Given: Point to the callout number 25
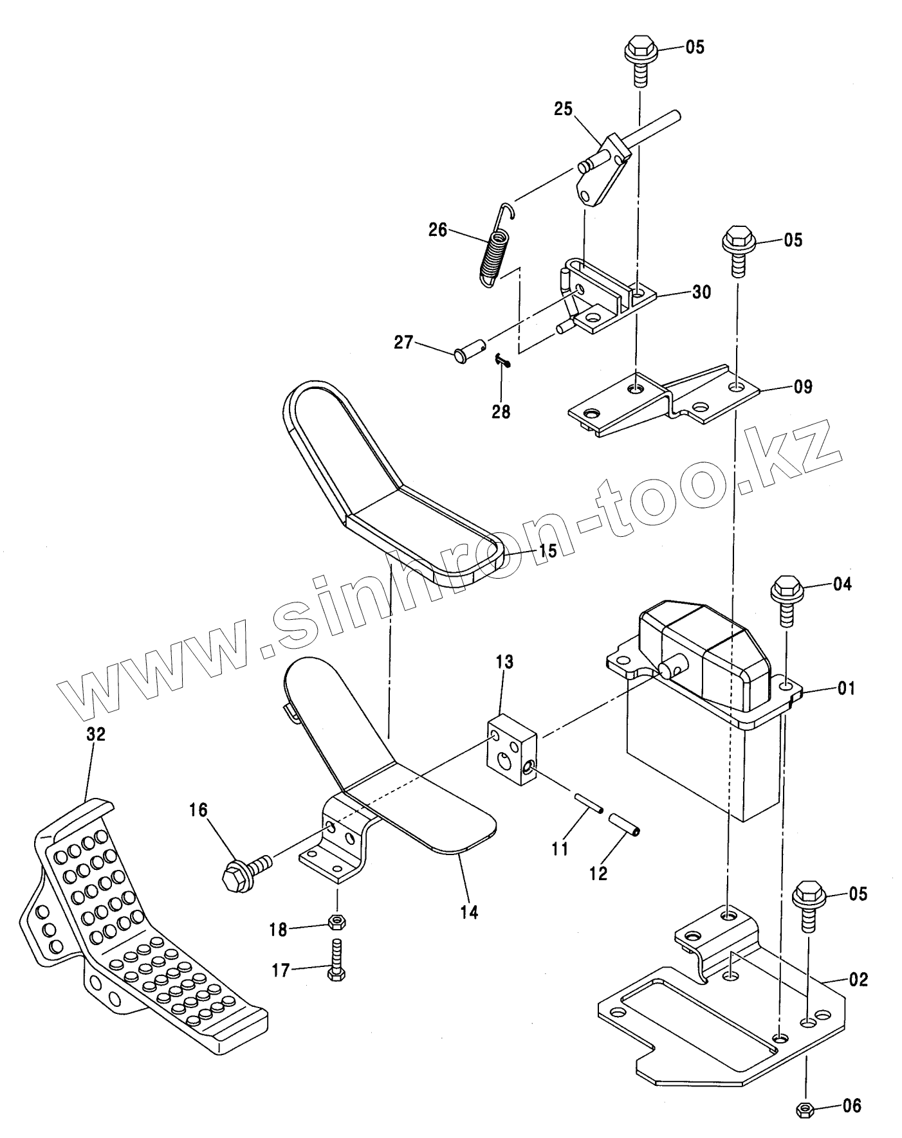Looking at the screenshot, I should [563, 109].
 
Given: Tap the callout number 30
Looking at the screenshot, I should [701, 292].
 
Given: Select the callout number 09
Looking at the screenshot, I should [803, 387].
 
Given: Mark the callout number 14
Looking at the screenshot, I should [470, 912].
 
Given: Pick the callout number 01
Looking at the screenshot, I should [847, 689].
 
